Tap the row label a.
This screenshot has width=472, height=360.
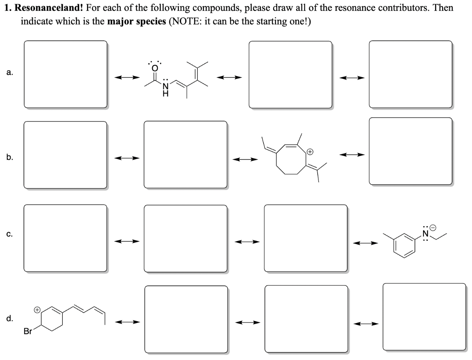pyautogui.click(x=10, y=72)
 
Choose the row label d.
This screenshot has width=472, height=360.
pyautogui.click(x=10, y=318)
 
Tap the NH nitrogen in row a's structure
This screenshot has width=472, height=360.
pyautogui.click(x=166, y=88)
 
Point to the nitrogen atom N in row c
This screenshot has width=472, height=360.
pyautogui.click(x=425, y=233)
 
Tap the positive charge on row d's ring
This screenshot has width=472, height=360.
pyautogui.click(x=37, y=310)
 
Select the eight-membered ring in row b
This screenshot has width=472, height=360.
pyautogui.click(x=291, y=160)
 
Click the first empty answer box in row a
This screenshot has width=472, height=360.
pyautogui.click(x=65, y=74)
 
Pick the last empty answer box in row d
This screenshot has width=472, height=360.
pyautogui.click(x=424, y=317)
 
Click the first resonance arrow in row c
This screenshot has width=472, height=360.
pyautogui.click(x=127, y=242)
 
